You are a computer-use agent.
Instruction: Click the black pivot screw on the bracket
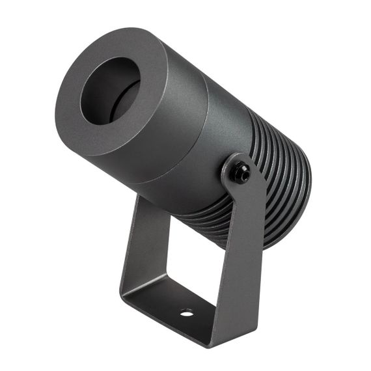(243, 172)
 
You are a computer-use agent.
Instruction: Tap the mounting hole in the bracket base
(186, 313)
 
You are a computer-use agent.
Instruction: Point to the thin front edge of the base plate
(169, 325)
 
